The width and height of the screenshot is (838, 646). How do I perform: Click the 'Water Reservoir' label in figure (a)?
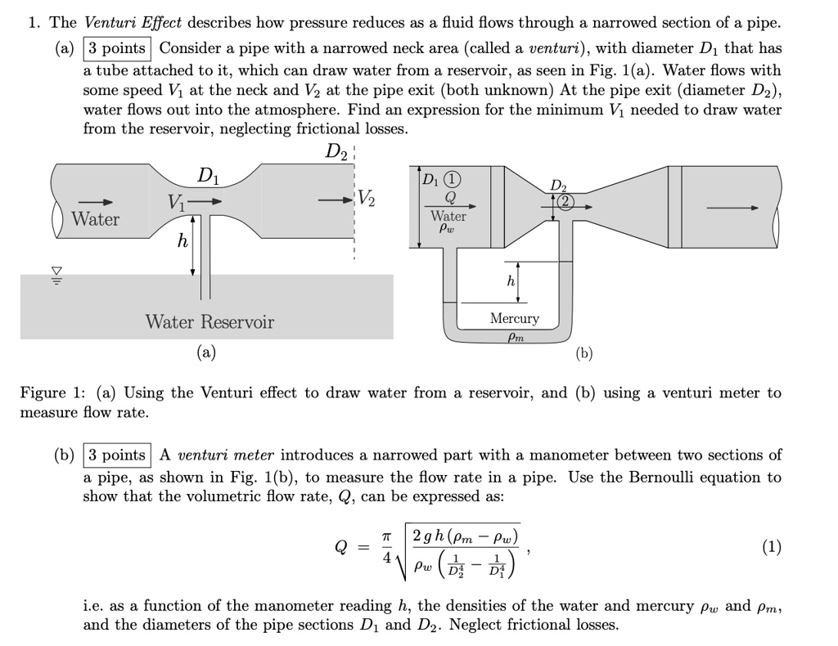point(209,321)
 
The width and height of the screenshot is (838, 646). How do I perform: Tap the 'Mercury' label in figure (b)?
point(515,318)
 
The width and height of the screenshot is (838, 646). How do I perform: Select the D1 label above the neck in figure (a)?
point(209,175)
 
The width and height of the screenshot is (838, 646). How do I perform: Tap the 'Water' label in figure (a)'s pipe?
point(95,219)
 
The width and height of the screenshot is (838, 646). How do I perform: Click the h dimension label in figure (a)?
point(182,242)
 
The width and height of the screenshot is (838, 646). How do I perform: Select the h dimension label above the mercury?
point(511,282)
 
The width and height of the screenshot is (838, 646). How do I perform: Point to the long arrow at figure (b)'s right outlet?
point(732,208)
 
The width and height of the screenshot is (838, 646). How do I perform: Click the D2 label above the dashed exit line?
point(335,152)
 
